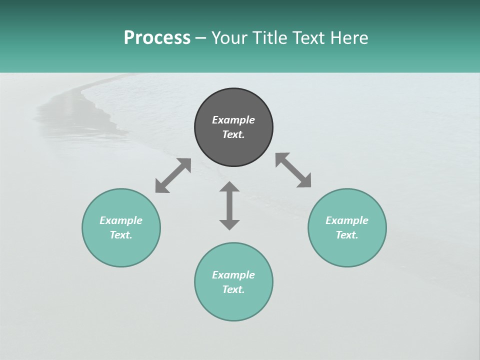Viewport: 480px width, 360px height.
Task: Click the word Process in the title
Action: tap(157, 38)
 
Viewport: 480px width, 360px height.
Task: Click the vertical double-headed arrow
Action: tap(229, 205)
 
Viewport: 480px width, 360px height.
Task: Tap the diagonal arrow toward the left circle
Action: tap(173, 175)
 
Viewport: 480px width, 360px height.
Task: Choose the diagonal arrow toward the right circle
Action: tap(293, 170)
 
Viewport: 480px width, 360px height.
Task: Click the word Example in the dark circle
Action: tap(233, 120)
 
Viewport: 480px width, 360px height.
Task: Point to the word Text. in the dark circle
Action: tap(233, 134)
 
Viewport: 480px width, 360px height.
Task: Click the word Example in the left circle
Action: tap(121, 220)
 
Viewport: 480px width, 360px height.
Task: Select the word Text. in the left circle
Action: tap(121, 235)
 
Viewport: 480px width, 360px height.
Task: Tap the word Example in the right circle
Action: tap(347, 220)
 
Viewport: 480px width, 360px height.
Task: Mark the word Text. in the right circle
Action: tap(347, 235)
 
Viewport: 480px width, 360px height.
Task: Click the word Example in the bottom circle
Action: tap(233, 275)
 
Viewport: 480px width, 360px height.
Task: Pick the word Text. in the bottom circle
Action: tap(233, 289)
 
